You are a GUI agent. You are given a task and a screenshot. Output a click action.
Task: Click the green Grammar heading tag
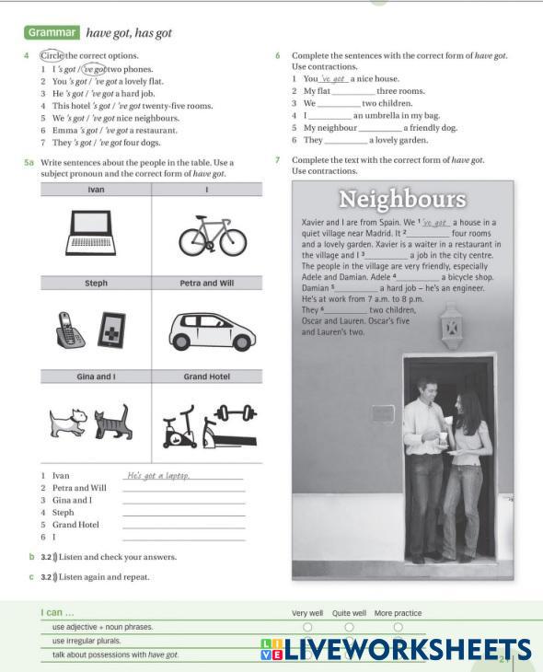tap(52, 32)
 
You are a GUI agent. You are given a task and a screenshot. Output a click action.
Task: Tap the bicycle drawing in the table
tap(213, 236)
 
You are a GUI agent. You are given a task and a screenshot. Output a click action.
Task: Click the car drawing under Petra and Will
tap(210, 330)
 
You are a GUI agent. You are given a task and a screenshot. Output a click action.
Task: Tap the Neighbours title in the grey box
tap(402, 199)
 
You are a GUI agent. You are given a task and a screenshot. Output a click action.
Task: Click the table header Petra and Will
tap(207, 284)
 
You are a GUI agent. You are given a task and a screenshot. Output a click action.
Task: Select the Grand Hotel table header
tap(206, 377)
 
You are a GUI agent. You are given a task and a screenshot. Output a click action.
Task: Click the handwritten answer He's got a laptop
tap(158, 476)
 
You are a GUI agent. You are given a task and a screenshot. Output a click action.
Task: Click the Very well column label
tap(307, 613)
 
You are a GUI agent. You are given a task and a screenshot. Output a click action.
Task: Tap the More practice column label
tap(398, 613)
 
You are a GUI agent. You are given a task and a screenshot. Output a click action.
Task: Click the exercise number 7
tap(277, 160)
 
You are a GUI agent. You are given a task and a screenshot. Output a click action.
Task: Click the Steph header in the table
tap(96, 284)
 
